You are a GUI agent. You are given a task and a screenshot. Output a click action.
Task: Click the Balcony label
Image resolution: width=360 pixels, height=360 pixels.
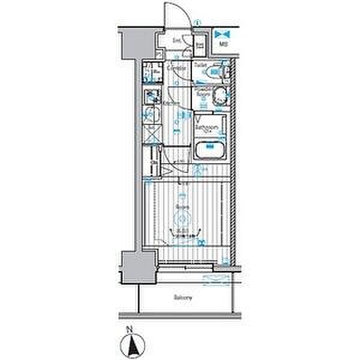click(184, 298)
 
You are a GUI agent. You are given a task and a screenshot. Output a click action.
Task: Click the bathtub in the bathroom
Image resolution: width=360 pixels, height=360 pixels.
click(209, 148)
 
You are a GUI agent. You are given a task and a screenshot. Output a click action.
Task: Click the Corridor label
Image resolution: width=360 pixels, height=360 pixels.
click(175, 68)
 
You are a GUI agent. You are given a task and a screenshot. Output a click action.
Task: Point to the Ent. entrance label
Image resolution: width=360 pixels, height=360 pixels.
click(177, 41)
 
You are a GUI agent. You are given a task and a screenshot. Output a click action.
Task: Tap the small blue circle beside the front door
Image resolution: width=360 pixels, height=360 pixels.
click(198, 23)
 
